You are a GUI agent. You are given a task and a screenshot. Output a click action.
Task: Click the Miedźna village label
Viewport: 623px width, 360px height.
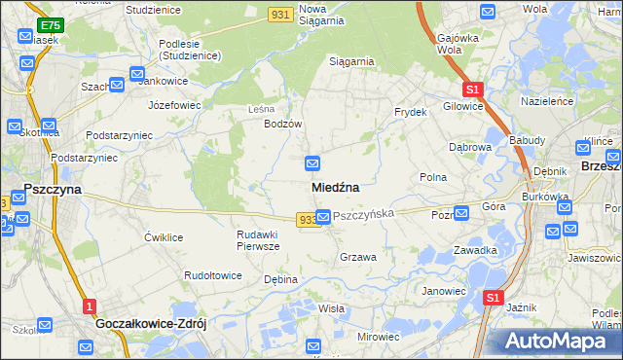pos(336,187)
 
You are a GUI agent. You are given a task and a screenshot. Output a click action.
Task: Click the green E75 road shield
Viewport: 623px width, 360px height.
pos(50,24)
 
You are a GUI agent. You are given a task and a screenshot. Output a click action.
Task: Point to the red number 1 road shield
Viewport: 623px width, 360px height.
pos(89,306)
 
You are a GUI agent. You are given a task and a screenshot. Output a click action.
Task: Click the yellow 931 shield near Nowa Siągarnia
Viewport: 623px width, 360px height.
pos(281,12)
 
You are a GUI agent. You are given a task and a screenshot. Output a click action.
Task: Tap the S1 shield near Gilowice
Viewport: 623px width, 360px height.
pos(472,87)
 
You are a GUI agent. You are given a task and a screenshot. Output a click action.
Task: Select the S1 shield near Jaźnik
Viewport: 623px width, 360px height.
pos(494,298)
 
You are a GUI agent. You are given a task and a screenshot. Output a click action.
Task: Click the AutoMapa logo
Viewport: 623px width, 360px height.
pos(560,342)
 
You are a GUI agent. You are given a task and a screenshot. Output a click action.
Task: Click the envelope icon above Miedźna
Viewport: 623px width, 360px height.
pos(312,162)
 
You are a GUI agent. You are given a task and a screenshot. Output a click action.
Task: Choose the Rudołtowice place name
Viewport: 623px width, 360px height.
pos(213,275)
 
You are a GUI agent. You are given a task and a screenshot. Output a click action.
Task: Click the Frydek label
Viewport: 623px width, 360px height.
pos(411,112)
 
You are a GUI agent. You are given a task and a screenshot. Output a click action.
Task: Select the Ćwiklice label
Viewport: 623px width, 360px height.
pos(164,237)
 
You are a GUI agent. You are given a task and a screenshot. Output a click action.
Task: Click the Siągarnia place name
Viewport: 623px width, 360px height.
pos(351,61)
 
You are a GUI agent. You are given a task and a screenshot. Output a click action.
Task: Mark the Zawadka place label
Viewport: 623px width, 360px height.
pos(475,250)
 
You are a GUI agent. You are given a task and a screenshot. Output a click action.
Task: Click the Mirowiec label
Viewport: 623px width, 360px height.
pos(379,337)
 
